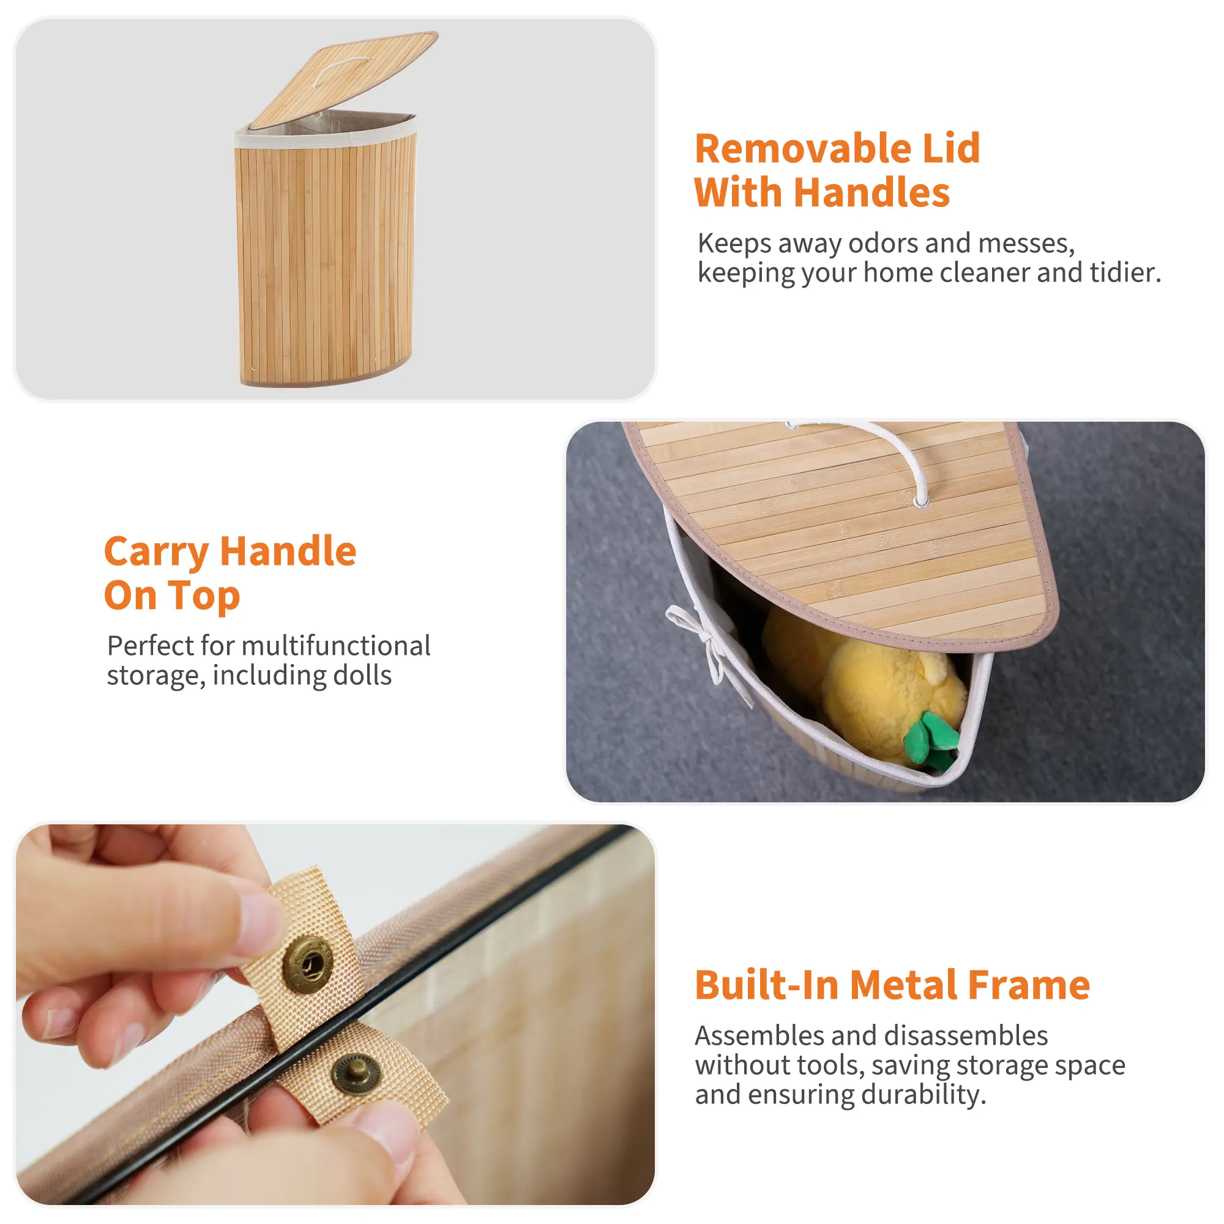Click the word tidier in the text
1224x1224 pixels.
click(1125, 272)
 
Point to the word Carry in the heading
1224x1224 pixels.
click(157, 553)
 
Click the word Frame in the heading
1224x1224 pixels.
click(1029, 985)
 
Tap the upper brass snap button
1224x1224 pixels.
click(307, 965)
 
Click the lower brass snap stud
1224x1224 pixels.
click(357, 1074)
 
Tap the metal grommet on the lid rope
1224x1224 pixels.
click(921, 502)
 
